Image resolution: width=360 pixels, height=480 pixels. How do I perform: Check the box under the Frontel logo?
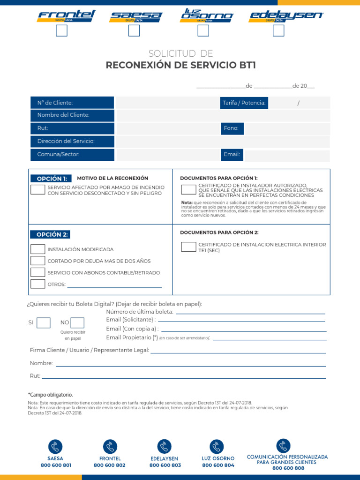click(61, 30)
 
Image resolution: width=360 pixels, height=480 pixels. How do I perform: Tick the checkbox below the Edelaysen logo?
click(278, 30)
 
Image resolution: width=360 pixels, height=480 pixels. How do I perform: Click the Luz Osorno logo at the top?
click(207, 15)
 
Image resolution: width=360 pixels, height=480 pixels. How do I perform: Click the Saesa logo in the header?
click(135, 16)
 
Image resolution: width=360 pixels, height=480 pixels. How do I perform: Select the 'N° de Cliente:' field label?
click(55, 103)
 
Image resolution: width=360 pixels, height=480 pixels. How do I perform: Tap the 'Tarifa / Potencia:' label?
click(244, 103)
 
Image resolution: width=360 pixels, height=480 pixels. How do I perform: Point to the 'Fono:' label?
click(232, 128)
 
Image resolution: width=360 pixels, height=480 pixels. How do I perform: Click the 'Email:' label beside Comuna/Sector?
click(232, 154)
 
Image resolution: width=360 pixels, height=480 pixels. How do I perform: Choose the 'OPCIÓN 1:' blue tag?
click(52, 179)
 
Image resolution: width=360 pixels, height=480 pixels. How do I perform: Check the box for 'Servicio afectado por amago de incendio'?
click(38, 189)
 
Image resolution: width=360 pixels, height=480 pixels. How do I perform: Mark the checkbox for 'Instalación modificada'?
click(38, 249)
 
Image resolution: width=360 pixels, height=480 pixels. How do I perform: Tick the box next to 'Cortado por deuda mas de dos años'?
click(38, 261)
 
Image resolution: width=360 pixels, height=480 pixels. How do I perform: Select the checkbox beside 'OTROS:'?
click(38, 284)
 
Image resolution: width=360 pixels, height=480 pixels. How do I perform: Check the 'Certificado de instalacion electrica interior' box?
click(188, 247)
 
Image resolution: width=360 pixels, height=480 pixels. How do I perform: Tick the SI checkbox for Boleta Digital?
click(44, 322)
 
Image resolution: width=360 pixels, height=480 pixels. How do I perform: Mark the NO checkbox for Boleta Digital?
click(77, 322)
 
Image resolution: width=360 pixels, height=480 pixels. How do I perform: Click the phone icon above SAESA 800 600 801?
click(55, 447)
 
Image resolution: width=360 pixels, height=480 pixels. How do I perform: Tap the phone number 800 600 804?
click(218, 465)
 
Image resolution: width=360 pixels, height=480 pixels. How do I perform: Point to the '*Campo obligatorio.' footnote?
click(51, 395)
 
